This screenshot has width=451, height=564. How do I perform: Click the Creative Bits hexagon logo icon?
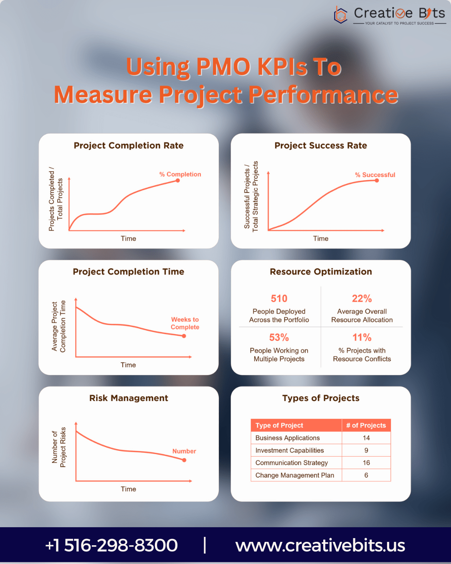341,15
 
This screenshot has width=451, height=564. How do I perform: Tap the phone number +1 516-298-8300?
111,545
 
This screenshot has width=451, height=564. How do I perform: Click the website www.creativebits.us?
320,545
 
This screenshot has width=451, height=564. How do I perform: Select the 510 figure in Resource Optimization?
279,299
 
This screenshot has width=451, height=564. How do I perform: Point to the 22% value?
362,299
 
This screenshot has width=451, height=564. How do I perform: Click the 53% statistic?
279,338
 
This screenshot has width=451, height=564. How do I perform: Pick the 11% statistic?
362,338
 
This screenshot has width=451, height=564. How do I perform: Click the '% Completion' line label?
180,174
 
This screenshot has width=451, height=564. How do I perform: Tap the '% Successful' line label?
375,175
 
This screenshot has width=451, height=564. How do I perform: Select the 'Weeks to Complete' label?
185,323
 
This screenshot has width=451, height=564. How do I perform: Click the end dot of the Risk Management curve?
184,460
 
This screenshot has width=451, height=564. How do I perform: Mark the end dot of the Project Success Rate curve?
377,180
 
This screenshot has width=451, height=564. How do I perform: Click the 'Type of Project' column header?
279,425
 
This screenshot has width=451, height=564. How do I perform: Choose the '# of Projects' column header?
366,425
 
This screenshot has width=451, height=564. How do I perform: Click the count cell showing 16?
366,463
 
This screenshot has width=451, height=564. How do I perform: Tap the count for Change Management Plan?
366,475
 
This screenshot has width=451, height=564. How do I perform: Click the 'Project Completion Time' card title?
129,272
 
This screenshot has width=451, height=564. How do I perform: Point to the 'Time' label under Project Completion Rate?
128,239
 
